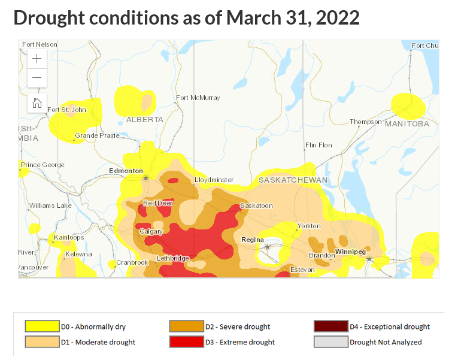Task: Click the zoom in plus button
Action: (37, 59)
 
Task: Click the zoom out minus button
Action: (37, 78)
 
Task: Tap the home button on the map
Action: (37, 102)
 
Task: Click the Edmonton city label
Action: (126, 171)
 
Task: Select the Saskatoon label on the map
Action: (256, 205)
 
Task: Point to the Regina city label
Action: (252, 240)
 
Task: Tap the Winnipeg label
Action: (350, 252)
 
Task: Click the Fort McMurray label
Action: (198, 98)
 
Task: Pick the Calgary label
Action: (151, 231)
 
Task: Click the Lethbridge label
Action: (172, 258)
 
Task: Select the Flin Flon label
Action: (319, 145)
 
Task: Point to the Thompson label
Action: (365, 122)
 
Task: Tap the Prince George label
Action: (42, 165)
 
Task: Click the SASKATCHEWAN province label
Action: (293, 180)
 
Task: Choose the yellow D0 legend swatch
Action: (42, 326)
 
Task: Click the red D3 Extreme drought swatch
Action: (187, 342)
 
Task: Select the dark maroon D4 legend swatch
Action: (331, 326)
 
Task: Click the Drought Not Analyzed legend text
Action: (386, 342)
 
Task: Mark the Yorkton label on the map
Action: (309, 226)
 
